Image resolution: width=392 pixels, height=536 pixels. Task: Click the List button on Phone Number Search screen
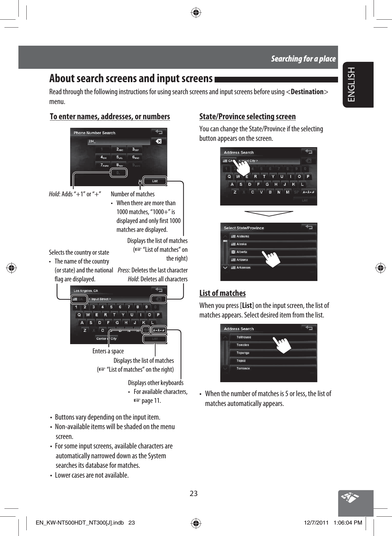click(155, 181)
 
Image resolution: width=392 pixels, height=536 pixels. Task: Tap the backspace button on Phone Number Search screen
click(159, 141)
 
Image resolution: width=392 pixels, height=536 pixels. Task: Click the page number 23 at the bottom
click(194, 494)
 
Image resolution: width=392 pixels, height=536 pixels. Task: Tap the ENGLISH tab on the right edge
click(352, 84)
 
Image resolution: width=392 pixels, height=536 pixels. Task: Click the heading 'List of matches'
click(223, 293)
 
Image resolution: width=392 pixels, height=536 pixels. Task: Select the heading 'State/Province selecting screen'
click(247, 117)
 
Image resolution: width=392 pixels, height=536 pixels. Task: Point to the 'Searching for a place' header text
click(303, 59)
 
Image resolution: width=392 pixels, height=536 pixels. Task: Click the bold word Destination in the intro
click(307, 92)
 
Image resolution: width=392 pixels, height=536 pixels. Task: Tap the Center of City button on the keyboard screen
click(106, 339)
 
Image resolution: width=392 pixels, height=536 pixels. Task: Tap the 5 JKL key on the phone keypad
click(119, 157)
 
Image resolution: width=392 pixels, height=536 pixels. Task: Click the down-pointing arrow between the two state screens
click(269, 213)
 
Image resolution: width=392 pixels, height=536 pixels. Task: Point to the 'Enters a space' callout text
click(108, 351)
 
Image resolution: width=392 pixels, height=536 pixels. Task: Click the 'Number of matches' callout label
click(133, 194)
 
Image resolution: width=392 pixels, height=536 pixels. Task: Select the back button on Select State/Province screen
click(309, 227)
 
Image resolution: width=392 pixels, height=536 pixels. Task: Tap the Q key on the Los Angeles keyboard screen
click(79, 315)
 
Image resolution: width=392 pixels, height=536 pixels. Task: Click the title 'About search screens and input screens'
click(131, 78)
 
